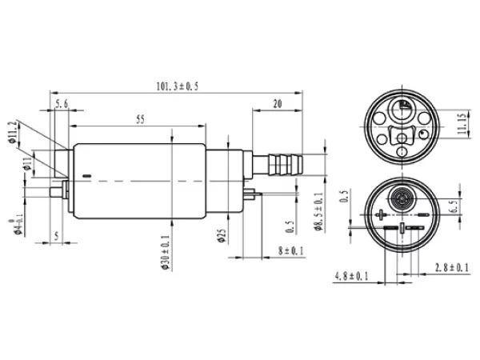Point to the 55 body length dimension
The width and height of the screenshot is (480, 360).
[140, 120]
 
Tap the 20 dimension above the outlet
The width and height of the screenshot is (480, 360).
[277, 103]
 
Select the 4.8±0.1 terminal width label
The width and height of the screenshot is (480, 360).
[350, 277]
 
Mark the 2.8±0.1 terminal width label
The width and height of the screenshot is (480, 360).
[453, 266]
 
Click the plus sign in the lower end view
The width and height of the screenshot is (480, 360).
[380, 214]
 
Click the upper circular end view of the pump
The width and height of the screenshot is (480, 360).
[401, 126]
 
